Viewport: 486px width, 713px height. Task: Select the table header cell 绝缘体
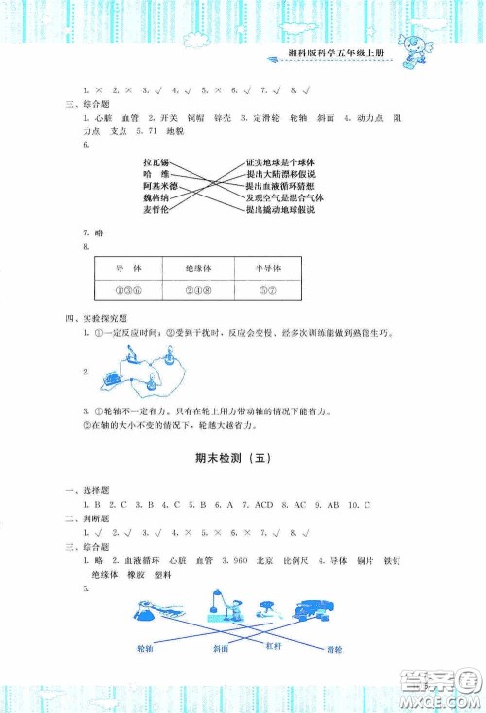198,267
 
